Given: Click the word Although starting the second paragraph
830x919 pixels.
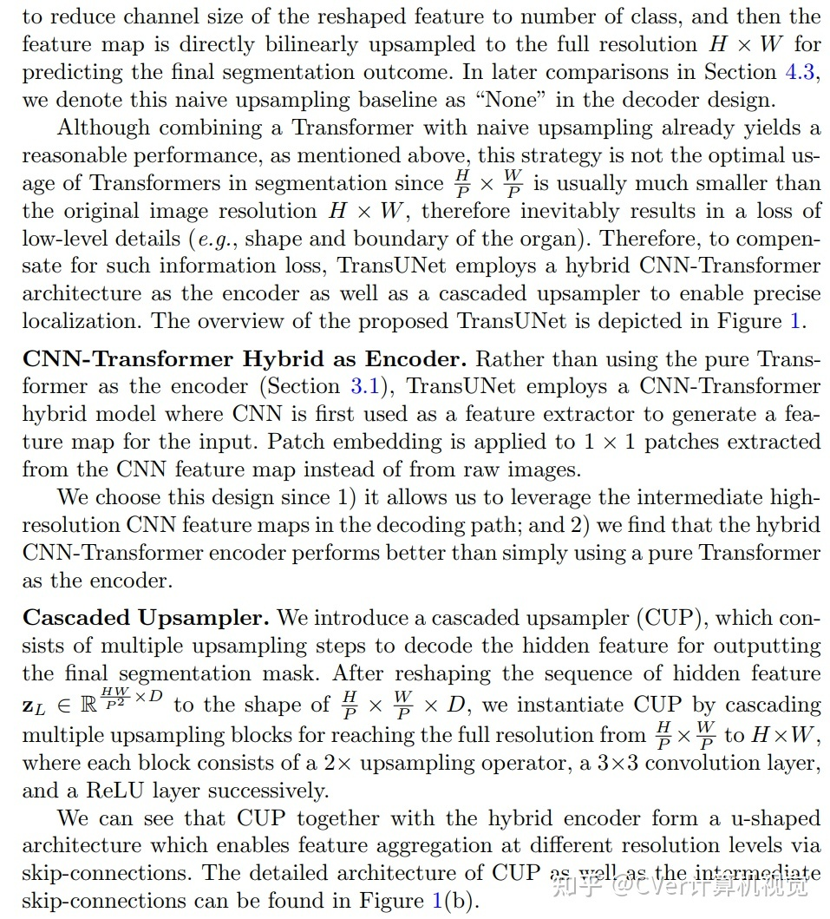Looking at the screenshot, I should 104,128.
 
